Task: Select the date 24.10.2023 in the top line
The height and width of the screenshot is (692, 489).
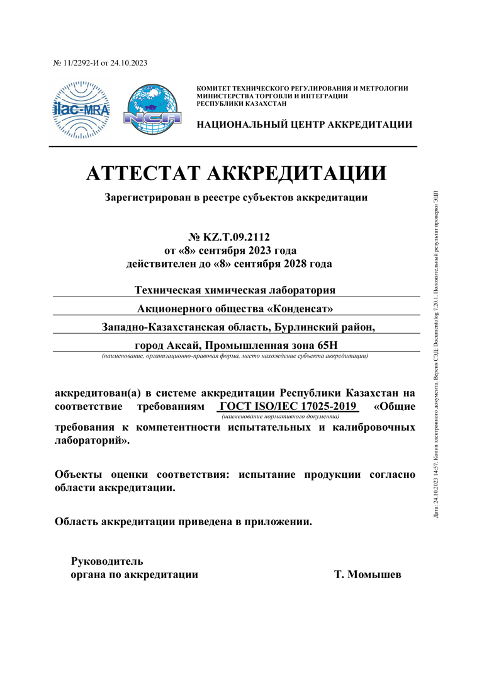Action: tap(128, 63)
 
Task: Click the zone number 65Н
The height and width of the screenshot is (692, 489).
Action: tap(326, 344)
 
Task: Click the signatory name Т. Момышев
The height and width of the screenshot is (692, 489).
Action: tap(368, 574)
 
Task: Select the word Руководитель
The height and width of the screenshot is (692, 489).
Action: tap(107, 560)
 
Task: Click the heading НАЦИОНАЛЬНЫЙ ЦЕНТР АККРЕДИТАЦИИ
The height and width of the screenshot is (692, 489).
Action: tap(305, 125)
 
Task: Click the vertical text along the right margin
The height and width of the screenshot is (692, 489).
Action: tap(437, 353)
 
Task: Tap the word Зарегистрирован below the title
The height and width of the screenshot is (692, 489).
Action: tap(149, 198)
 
